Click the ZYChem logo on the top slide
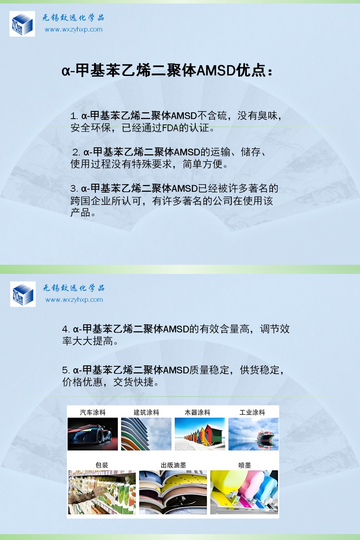[22, 24]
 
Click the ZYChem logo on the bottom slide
[23, 294]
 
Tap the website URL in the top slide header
[74, 29]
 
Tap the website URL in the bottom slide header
[74, 300]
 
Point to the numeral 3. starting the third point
[74, 189]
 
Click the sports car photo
[93, 434]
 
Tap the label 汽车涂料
[93, 412]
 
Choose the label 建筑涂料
[146, 412]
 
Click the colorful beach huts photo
[200, 434]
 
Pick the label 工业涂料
[252, 412]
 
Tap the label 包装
[102, 465]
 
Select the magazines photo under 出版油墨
[173, 492]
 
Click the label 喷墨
[244, 465]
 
